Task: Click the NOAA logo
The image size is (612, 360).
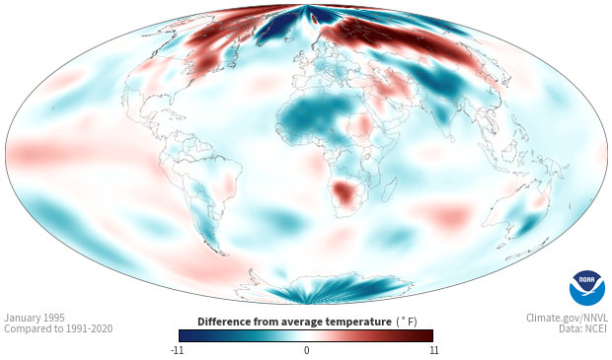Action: pyautogui.click(x=587, y=288)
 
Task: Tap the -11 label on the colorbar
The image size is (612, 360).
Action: pyautogui.click(x=177, y=350)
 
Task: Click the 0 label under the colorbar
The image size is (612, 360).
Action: pyautogui.click(x=306, y=350)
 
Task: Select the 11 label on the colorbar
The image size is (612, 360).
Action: pyautogui.click(x=433, y=350)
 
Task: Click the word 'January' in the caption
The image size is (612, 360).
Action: pyautogui.click(x=21, y=319)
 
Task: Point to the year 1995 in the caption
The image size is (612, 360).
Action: pyautogui.click(x=52, y=318)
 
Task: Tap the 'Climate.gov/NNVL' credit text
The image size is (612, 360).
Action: pyautogui.click(x=567, y=318)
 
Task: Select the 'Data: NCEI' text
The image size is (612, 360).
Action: pyautogui.click(x=583, y=328)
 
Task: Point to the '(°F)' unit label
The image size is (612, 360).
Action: pyautogui.click(x=407, y=323)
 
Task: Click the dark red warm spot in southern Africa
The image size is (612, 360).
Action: pyautogui.click(x=344, y=192)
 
